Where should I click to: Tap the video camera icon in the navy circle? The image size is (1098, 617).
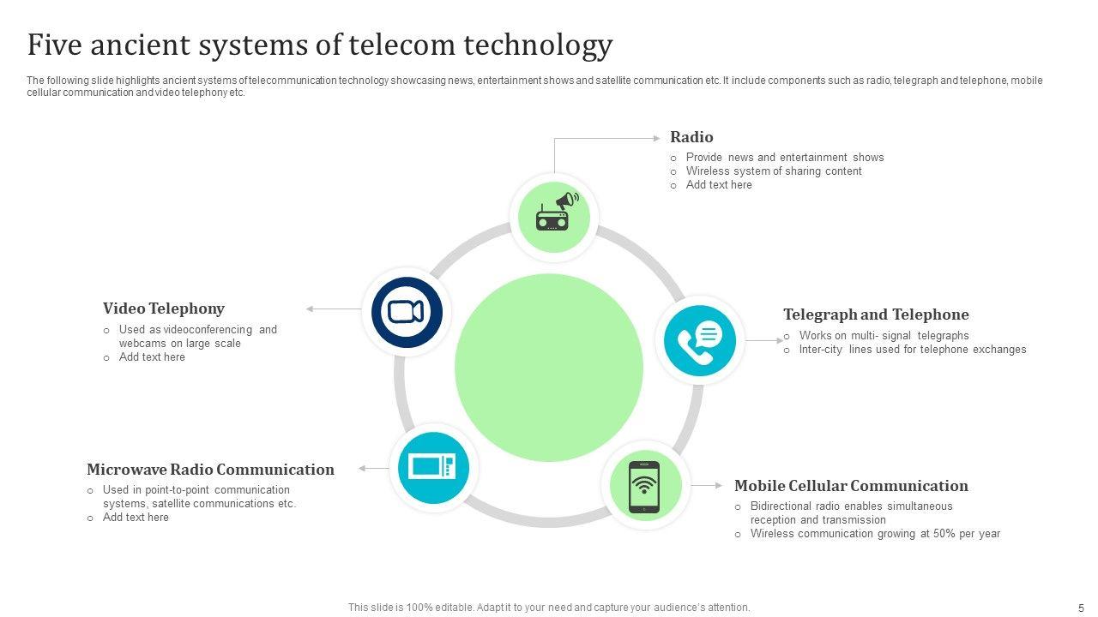407,312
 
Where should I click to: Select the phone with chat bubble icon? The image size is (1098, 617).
700,340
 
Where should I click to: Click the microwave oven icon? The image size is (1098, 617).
433,467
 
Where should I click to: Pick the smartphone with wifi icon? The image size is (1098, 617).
644,487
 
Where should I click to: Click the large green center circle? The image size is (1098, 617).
549,368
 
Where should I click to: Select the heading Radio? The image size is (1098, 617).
691,137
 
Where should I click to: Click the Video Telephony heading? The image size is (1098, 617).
164,308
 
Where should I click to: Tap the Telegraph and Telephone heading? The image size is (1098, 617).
876,314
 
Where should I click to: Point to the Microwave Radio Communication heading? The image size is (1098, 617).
210,470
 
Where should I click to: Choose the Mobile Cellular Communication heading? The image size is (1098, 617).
851,486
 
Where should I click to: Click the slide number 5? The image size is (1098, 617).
1081,607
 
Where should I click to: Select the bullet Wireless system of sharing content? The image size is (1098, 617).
774,171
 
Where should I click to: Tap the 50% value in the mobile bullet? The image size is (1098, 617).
940,534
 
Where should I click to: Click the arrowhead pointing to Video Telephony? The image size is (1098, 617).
310,308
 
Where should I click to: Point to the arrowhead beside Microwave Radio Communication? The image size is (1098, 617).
362,469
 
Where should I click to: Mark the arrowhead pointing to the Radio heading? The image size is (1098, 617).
658,137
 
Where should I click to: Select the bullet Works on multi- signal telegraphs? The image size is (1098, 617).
884,336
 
